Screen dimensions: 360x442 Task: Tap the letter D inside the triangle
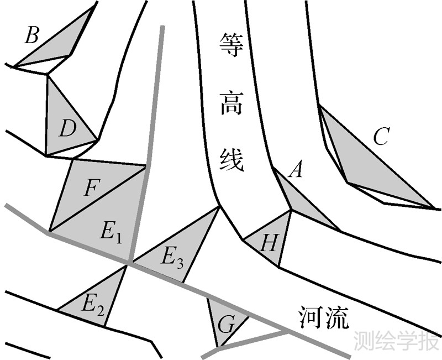coord(67,131)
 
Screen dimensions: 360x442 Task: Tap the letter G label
coord(225,325)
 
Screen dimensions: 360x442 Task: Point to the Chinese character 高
coord(231,103)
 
